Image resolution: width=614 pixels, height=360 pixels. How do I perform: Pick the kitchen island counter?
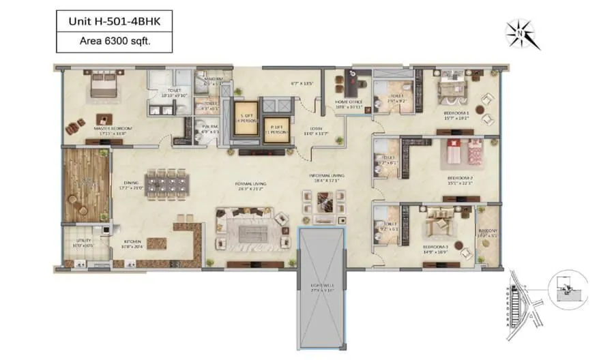155,243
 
